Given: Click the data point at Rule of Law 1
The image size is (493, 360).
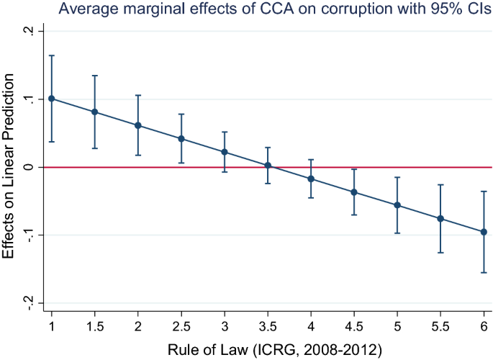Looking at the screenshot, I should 51,99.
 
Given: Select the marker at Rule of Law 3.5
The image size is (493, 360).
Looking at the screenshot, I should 268,166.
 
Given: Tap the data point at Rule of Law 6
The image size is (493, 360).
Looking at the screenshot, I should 484,232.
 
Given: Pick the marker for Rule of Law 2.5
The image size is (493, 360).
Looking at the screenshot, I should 181,139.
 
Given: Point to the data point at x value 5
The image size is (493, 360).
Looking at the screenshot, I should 397,205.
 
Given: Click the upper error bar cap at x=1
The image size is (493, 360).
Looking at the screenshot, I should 51,55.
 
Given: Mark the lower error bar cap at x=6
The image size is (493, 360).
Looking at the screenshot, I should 484,273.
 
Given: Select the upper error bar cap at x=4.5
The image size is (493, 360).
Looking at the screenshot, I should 354,169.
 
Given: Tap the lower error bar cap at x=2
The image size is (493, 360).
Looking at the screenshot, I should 138,156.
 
